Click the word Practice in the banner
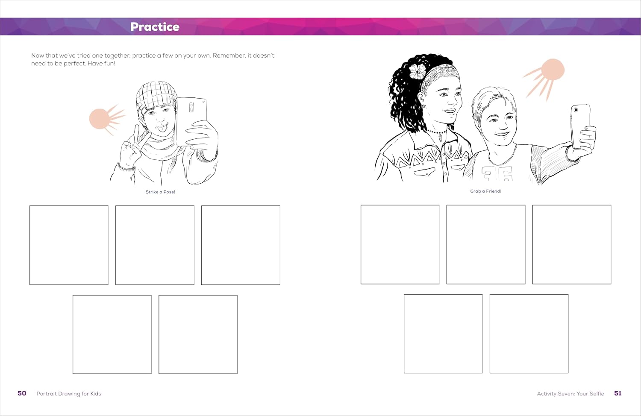point(155,26)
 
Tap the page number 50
point(22,393)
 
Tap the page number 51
point(618,393)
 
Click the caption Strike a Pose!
point(160,192)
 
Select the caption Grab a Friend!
point(485,191)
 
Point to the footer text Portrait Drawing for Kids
point(69,393)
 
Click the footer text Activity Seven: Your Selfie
point(570,393)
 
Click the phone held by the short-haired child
point(580,126)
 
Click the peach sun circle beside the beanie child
point(99,119)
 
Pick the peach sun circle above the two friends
point(553,70)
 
